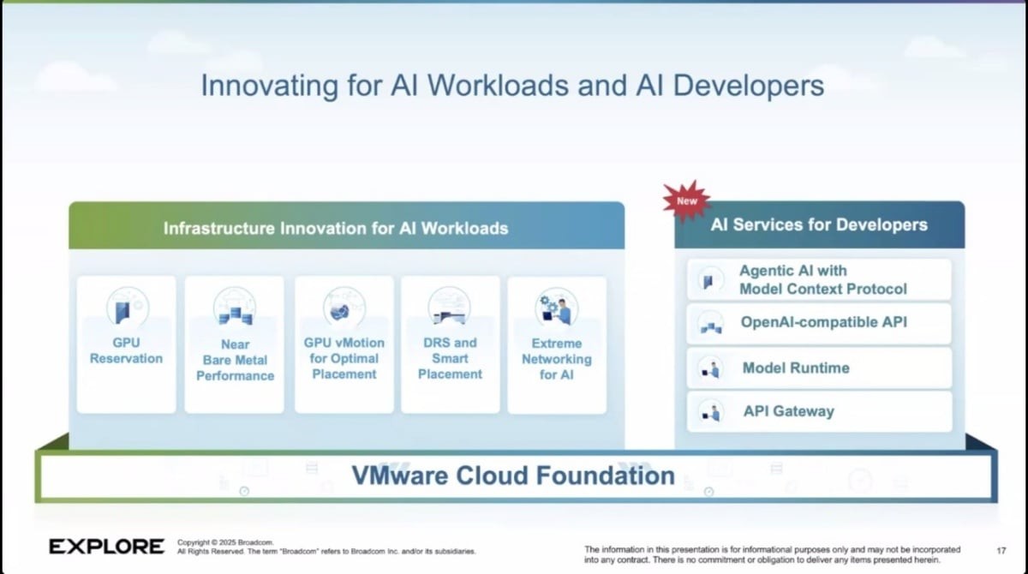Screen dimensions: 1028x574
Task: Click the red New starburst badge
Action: (x=686, y=200)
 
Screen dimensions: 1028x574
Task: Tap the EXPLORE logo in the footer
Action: (x=106, y=547)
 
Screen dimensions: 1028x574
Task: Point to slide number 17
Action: (x=1001, y=551)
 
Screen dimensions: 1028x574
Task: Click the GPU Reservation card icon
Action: (x=128, y=307)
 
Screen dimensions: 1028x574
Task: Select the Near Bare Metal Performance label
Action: (x=235, y=360)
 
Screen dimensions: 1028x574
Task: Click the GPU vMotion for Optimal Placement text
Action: (x=344, y=358)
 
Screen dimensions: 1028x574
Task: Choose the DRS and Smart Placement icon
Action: (x=449, y=307)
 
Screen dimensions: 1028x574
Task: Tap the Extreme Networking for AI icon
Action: (x=557, y=308)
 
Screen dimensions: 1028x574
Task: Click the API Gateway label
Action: (x=789, y=411)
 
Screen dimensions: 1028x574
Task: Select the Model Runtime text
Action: (x=796, y=368)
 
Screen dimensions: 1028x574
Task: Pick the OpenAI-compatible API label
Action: (x=824, y=322)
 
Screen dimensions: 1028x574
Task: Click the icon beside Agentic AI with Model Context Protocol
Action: (x=710, y=280)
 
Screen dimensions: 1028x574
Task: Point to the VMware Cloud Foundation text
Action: (x=513, y=475)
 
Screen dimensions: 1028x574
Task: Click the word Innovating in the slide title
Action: (x=270, y=87)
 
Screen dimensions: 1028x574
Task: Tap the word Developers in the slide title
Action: (x=749, y=87)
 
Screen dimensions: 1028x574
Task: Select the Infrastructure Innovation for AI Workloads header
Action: (x=336, y=228)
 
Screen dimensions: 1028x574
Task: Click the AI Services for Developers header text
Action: (x=819, y=224)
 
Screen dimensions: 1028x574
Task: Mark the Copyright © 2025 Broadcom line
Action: (x=225, y=542)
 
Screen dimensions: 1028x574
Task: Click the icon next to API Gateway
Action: (x=711, y=411)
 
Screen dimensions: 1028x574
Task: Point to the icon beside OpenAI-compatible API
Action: (x=711, y=324)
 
